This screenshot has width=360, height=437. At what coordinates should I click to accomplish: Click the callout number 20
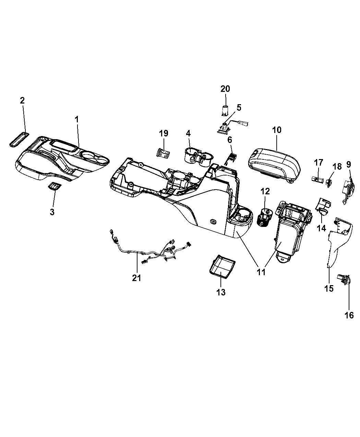tap(225, 89)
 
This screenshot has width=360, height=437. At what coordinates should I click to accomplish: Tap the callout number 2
tap(22, 100)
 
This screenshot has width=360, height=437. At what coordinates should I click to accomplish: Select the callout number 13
tap(221, 292)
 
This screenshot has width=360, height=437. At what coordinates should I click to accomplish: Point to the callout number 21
tap(136, 278)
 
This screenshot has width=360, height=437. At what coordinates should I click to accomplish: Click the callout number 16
tap(349, 321)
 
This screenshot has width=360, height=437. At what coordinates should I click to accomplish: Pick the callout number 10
tap(277, 130)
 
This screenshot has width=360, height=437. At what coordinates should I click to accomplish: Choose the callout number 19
tap(164, 133)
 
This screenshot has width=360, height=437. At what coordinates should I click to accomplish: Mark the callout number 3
tap(52, 212)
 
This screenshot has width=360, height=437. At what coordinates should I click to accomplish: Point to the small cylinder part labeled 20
tap(225, 111)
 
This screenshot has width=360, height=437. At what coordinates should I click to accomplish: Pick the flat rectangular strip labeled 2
tap(20, 139)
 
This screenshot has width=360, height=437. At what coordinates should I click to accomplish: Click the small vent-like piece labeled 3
tap(55, 186)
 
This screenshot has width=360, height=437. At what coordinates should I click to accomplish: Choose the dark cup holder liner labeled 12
tap(265, 218)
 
